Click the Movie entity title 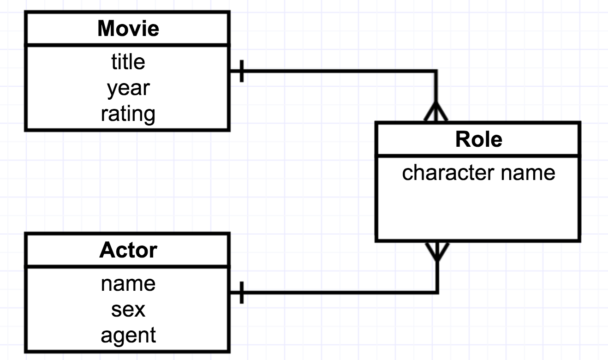(x=128, y=29)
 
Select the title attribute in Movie (x=128, y=62)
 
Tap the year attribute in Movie (x=128, y=88)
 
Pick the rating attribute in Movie (x=128, y=114)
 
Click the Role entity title (x=478, y=139)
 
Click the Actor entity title (x=128, y=250)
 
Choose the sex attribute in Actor (x=128, y=309)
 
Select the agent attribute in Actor (x=128, y=335)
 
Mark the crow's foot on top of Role (x=436, y=112)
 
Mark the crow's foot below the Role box (x=436, y=251)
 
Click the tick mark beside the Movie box (x=242, y=71)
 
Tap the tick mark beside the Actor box (x=242, y=293)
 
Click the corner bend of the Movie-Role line (x=436, y=71)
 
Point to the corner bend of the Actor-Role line (x=436, y=293)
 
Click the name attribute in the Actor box (x=128, y=283)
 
